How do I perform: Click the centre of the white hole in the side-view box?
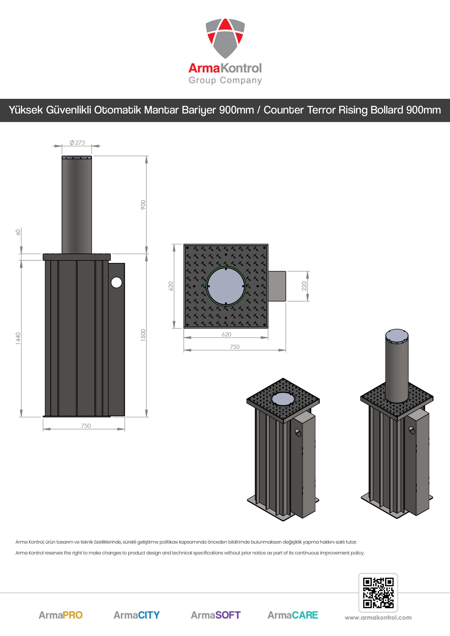click(116, 282)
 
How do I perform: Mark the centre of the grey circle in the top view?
click(226, 286)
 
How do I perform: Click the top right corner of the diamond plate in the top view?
click(268, 244)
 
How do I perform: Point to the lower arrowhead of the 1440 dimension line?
click(21, 413)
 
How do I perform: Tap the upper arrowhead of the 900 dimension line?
click(146, 160)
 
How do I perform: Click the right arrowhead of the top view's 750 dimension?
click(282, 350)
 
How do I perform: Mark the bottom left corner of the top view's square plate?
click(184, 328)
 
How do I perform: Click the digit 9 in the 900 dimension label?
click(143, 208)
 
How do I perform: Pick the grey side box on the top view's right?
click(277, 286)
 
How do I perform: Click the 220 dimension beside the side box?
click(304, 286)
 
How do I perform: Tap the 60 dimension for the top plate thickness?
click(18, 232)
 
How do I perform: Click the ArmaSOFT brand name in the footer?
click(216, 615)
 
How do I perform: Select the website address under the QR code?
click(378, 618)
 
